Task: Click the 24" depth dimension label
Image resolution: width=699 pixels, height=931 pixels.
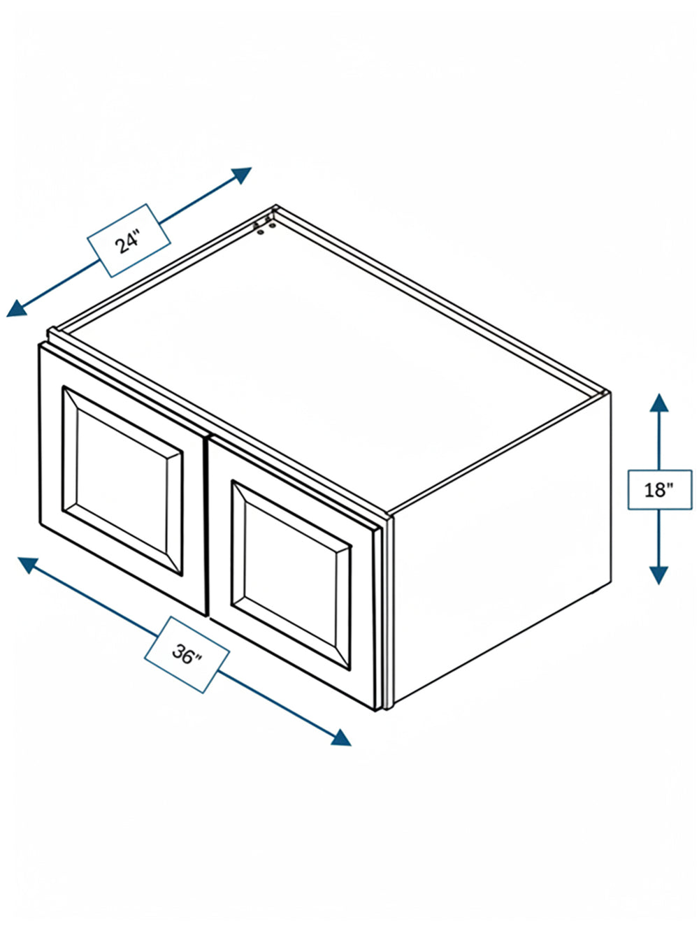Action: tap(129, 240)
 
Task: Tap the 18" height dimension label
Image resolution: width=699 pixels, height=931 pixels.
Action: tap(659, 490)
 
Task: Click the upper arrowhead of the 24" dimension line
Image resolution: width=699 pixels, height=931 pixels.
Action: tap(242, 174)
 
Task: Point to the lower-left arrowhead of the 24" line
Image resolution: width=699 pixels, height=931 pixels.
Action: tap(17, 308)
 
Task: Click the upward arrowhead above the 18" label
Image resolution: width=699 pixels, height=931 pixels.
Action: tap(659, 403)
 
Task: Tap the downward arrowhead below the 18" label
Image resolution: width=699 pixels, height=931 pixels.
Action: tap(659, 575)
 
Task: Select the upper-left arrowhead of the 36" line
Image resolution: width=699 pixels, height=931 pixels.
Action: tap(28, 565)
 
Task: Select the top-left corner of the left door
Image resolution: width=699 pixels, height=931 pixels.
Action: tap(39, 344)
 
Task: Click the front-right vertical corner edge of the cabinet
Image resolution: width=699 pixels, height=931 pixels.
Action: tap(390, 611)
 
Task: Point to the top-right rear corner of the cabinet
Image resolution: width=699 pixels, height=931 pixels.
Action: tap(609, 392)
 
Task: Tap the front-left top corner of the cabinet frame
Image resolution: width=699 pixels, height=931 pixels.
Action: tap(50, 329)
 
